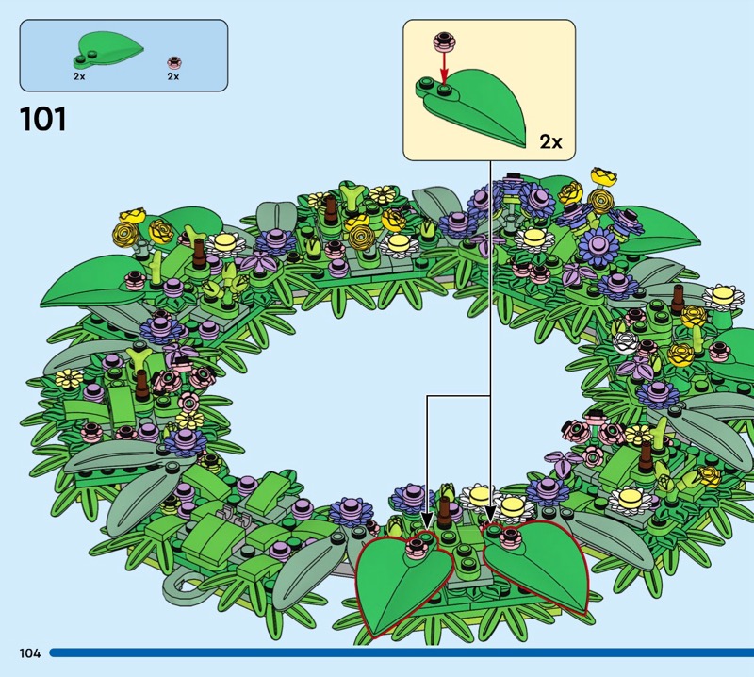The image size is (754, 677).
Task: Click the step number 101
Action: pos(42,121)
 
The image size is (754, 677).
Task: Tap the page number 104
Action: pos(28,652)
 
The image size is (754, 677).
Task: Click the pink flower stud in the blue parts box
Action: pos(172,59)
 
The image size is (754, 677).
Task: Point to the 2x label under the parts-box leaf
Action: pos(79,76)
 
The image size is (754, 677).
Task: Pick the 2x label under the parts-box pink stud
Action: pos(172,76)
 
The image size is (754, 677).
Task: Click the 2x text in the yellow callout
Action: pos(550,142)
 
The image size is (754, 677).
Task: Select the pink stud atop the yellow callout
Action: pos(442,41)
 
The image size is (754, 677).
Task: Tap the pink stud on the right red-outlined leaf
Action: pos(512,538)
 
